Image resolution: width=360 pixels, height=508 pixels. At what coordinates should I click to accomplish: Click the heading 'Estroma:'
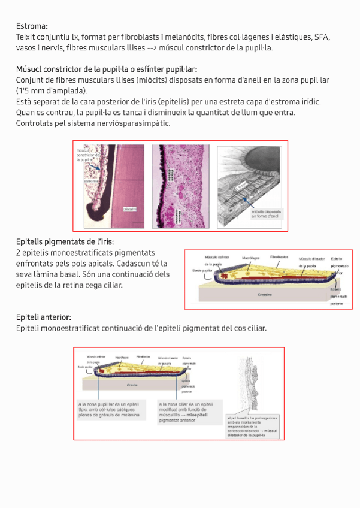tap(31, 26)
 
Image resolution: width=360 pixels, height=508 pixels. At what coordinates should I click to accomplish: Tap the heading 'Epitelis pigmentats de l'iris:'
tap(65, 241)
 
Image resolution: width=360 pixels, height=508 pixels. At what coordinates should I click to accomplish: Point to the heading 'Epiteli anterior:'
tap(44, 316)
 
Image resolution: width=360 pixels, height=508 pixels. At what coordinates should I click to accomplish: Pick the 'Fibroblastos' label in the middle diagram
tap(280, 256)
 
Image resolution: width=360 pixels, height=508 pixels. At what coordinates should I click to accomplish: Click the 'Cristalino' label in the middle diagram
tap(264, 295)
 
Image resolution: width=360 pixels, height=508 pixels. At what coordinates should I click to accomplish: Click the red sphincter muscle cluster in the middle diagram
tap(224, 275)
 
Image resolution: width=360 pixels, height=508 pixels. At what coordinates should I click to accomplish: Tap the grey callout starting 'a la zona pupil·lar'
tap(113, 410)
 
